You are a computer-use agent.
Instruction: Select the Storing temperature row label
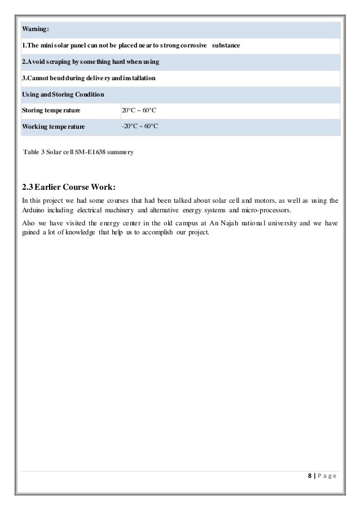point(50,110)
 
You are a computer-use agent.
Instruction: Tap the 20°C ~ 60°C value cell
point(140,110)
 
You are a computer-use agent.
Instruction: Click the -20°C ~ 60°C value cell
point(141,127)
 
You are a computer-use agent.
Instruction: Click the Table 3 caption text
point(78,152)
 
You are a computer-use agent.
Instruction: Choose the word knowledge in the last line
point(79,234)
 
